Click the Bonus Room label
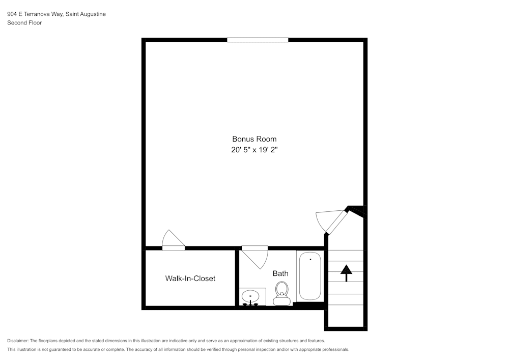point(254,139)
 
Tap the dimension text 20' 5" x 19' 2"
point(254,150)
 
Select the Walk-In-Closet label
point(190,279)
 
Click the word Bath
point(280,273)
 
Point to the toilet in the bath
point(281,292)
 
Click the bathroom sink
point(250,295)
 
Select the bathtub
point(309,276)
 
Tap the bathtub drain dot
point(310,259)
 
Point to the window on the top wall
point(258,40)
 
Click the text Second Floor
point(24,23)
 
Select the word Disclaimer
point(18,341)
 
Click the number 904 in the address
point(12,14)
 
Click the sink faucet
point(250,303)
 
